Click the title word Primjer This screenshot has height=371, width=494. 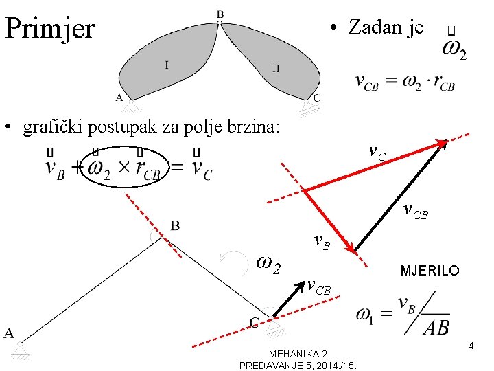(49, 29)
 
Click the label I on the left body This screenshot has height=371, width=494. (167, 65)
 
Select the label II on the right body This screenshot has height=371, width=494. (275, 67)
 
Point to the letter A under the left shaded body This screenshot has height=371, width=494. (119, 98)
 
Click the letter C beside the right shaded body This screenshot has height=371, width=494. (316, 98)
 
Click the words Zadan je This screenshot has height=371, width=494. (386, 27)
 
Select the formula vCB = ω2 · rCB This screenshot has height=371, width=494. (405, 82)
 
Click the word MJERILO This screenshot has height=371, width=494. (430, 271)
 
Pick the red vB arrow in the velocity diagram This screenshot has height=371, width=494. (328, 221)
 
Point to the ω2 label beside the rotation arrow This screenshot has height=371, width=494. (268, 263)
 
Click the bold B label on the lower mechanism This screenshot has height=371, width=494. (176, 225)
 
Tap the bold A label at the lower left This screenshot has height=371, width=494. (10, 333)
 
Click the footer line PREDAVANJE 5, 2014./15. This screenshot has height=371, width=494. (301, 365)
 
